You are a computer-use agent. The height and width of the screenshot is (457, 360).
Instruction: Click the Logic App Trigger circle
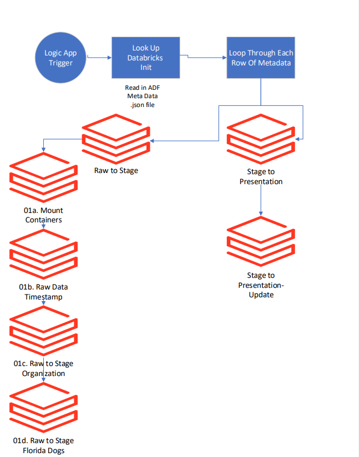(61, 57)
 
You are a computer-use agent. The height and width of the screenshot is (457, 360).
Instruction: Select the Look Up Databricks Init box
(146, 58)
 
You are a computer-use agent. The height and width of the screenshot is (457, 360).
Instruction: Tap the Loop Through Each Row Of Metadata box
(261, 58)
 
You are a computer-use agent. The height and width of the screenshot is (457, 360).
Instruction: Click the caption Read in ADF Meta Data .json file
(143, 97)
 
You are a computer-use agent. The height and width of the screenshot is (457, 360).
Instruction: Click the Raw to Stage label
(116, 170)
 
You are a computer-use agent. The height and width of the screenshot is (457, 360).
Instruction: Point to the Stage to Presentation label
(261, 176)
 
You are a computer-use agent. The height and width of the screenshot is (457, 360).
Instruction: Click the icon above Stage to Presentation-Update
(261, 242)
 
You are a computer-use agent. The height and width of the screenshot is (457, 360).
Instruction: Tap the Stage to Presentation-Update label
(261, 285)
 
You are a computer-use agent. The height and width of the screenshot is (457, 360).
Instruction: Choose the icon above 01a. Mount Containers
(43, 177)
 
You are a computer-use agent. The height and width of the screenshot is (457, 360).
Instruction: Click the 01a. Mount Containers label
(43, 215)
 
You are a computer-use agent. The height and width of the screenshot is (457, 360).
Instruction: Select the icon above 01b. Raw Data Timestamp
(43, 254)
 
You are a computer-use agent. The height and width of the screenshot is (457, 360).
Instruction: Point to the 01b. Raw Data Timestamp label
(43, 292)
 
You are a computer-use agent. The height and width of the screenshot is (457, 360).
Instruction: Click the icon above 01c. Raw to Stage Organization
(43, 331)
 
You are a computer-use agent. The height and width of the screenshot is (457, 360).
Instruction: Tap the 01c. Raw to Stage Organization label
(43, 368)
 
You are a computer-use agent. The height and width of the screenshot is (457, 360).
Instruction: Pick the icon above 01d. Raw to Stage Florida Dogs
(43, 408)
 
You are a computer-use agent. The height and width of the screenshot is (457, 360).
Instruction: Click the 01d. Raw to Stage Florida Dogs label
(43, 445)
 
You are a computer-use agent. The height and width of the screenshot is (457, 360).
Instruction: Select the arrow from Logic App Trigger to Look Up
(100, 57)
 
